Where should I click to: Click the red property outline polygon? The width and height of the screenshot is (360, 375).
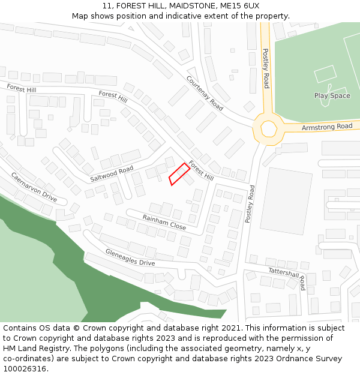click(179, 175)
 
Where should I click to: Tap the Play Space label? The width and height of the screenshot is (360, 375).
click(332, 96)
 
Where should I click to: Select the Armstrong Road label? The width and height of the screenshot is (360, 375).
click(327, 127)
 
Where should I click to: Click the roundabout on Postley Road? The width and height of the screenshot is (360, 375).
click(268, 128)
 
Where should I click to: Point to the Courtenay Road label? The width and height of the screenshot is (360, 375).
click(205, 93)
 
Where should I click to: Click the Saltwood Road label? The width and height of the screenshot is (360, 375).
click(112, 175)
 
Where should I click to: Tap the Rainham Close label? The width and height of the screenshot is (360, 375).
click(164, 222)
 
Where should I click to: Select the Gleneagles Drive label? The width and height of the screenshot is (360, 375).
click(130, 257)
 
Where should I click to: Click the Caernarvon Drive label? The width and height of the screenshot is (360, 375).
click(34, 187)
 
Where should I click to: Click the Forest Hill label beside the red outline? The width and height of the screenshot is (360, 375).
click(201, 170)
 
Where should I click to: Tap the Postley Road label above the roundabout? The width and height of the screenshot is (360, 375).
click(265, 69)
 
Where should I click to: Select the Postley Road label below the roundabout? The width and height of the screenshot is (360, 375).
click(250, 204)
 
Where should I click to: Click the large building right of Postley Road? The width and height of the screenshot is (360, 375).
click(287, 201)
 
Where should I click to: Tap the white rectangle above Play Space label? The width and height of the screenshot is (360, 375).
click(325, 74)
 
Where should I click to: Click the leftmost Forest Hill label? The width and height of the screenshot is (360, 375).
click(21, 89)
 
